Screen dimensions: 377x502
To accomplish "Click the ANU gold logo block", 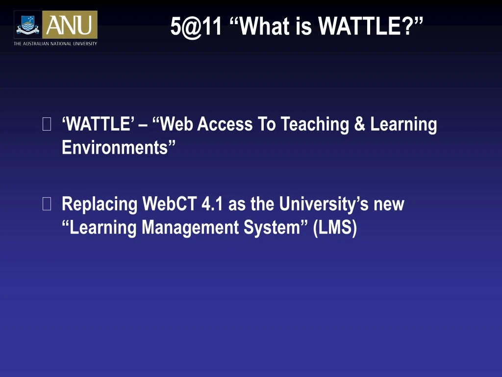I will tap(70, 25).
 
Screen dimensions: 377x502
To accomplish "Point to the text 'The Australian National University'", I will tap(55, 44).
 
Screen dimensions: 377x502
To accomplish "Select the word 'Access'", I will tap(225, 125).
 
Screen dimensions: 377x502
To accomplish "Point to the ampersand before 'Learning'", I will tap(360, 125).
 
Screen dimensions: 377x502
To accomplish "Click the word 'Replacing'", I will tap(100, 204).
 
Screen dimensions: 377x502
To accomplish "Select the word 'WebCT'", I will tap(170, 204).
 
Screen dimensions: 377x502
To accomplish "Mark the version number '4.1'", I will tap(212, 204).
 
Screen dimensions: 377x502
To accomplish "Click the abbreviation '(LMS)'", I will tap(335, 227).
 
